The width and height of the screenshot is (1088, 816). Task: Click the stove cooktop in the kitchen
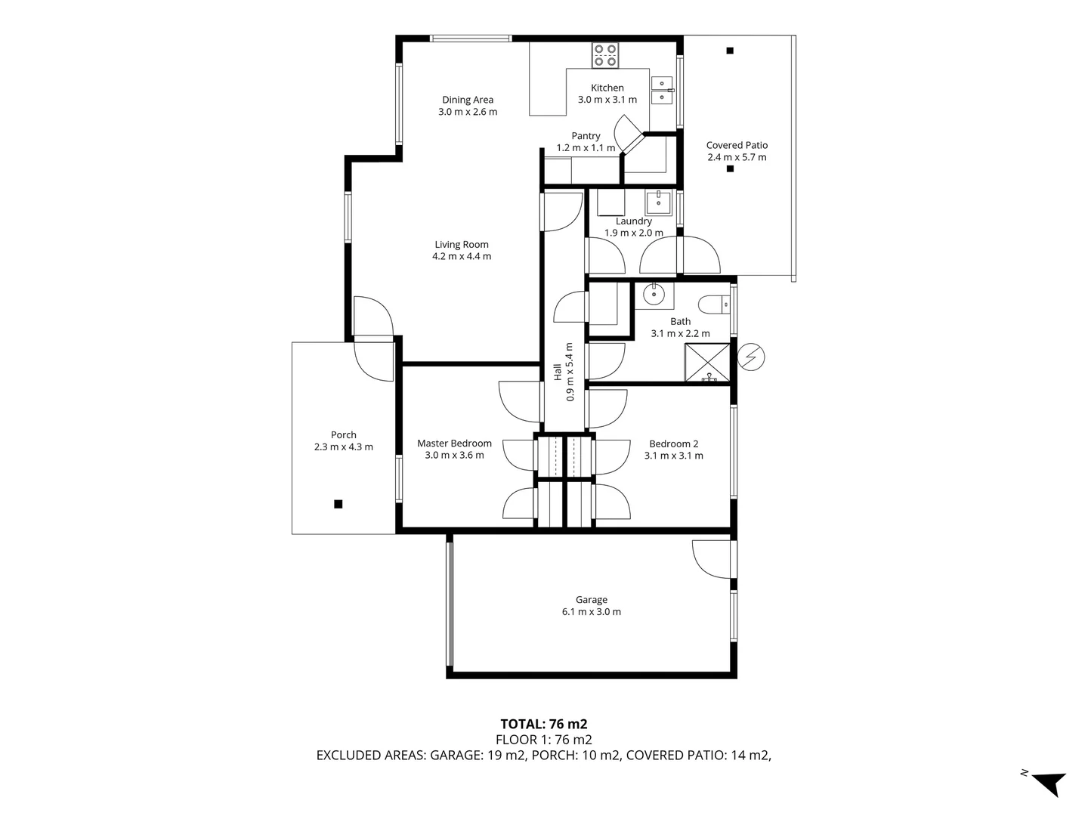click(605, 54)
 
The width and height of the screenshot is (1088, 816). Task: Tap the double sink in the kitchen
click(662, 90)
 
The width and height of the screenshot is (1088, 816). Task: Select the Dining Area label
click(468, 100)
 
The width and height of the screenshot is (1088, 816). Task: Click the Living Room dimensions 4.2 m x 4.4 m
click(461, 256)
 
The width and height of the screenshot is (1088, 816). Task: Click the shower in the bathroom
click(707, 363)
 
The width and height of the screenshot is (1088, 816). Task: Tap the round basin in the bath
click(653, 293)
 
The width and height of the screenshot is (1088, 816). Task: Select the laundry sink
click(658, 202)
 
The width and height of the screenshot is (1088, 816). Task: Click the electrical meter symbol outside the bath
click(752, 357)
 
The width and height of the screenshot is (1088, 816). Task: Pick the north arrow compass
click(1046, 781)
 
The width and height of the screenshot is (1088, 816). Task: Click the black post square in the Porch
click(338, 504)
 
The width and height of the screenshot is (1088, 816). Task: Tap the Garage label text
click(591, 600)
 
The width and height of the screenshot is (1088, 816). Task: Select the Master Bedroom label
click(454, 444)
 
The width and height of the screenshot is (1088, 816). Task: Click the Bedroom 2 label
click(673, 444)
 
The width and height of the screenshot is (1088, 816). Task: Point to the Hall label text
click(558, 371)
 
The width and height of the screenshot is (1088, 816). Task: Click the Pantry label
click(586, 136)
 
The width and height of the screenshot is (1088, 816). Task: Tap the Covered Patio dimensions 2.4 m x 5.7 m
click(737, 157)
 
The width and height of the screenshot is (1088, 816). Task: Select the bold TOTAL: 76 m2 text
click(543, 724)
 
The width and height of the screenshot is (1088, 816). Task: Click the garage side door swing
click(710, 561)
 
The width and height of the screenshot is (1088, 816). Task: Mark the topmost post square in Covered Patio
click(730, 51)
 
